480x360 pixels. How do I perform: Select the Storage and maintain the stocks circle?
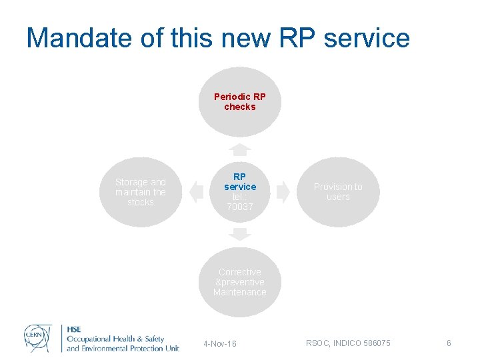[140, 192]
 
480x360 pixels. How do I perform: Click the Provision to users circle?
[338, 192]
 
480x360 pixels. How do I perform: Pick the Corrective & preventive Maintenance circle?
[240, 282]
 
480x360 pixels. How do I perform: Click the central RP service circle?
[240, 192]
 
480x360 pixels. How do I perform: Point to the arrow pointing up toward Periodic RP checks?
[240, 148]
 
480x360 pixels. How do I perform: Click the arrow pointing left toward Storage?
[195, 192]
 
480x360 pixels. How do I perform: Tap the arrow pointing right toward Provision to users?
[284, 192]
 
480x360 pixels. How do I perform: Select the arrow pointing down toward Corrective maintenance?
[240, 234]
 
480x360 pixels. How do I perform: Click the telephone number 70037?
[240, 207]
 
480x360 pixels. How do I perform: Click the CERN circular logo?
[38, 337]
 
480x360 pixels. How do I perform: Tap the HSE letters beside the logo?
[74, 329]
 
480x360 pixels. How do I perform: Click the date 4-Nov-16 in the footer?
[220, 343]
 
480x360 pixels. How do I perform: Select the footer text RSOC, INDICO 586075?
[348, 343]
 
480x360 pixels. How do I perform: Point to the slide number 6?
[449, 343]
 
